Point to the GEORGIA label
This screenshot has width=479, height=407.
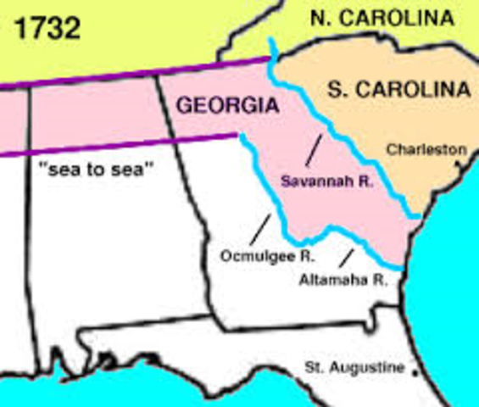226,106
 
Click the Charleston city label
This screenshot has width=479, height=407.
426,149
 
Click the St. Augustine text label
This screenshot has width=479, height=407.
355,368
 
